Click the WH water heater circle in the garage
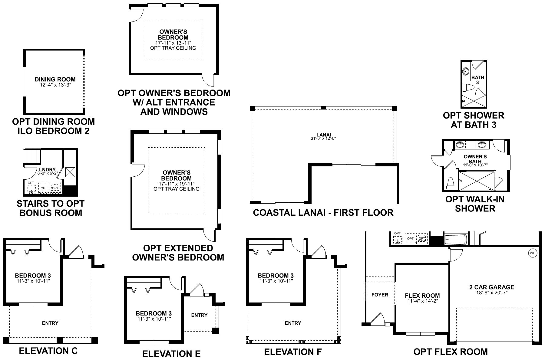tap(532, 253)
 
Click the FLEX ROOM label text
tap(422, 296)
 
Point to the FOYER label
tap(379, 295)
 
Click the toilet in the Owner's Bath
tap(451, 183)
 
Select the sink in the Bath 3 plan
tap(466, 72)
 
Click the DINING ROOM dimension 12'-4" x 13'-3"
tap(55, 85)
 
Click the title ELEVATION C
tap(48, 351)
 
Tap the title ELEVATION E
tap(171, 354)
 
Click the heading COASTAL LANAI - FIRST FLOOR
tap(323, 213)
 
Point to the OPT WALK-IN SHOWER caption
tap(475, 204)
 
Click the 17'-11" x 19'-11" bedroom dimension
tap(176, 184)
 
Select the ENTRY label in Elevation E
tap(199, 315)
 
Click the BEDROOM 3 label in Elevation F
tap(276, 276)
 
